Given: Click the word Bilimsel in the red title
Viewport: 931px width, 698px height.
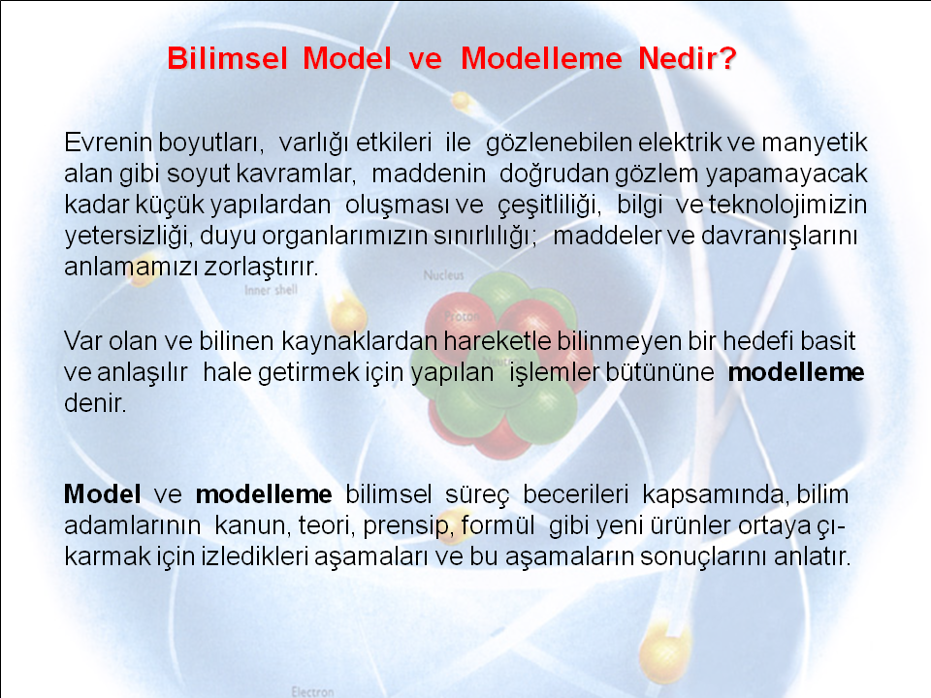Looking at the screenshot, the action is pyautogui.click(x=227, y=58).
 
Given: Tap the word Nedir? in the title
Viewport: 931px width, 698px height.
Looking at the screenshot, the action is pyautogui.click(x=688, y=58).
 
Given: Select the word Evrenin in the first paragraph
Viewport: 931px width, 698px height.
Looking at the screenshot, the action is pyautogui.click(x=109, y=143).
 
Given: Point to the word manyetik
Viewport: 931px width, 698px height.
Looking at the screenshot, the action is pyautogui.click(x=815, y=143).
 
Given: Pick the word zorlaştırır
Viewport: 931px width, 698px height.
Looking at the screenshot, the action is pyautogui.click(x=262, y=268).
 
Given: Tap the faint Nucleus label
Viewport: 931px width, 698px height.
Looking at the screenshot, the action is pyautogui.click(x=443, y=274).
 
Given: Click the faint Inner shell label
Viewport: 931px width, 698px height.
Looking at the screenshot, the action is pyautogui.click(x=271, y=290).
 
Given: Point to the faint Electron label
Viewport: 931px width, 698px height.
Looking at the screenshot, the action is pyautogui.click(x=312, y=691).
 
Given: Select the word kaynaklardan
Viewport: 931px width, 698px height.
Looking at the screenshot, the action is pyautogui.click(x=359, y=342).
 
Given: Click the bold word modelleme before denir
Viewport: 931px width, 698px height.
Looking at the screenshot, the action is pyautogui.click(x=796, y=372).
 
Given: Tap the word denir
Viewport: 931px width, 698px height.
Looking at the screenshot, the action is pyautogui.click(x=95, y=403).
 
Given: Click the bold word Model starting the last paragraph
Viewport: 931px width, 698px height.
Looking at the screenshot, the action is pyautogui.click(x=102, y=493).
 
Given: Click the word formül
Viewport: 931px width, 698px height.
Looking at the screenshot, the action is pyautogui.click(x=498, y=525).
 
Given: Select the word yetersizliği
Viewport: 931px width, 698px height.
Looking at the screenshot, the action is pyautogui.click(x=129, y=237).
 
